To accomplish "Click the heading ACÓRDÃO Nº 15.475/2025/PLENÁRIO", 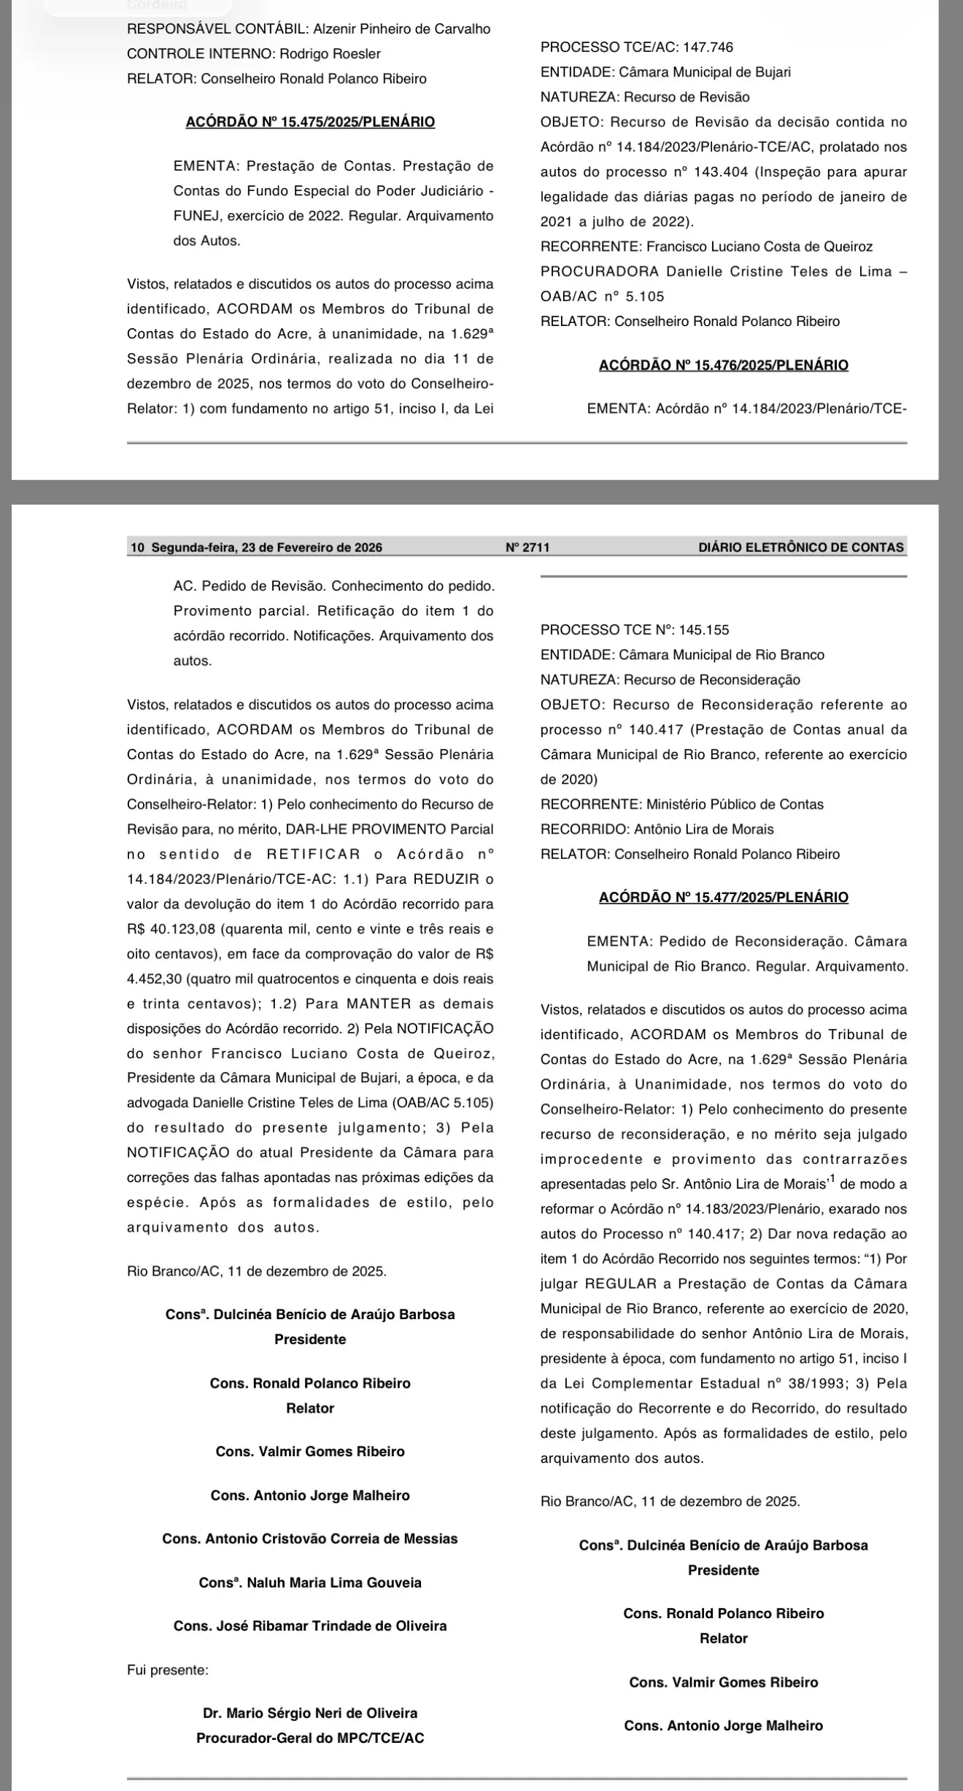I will coord(310,123).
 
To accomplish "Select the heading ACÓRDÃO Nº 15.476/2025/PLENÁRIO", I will coord(723,365).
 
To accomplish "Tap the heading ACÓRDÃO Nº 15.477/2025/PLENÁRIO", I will coord(723,898).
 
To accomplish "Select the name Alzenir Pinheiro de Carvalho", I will coord(402,29).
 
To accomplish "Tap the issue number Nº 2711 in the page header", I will coord(527,548).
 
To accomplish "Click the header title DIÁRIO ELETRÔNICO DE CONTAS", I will coord(800,548).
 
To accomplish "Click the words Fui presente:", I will coord(167,1669).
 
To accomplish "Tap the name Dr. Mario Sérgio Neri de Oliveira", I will coord(310,1713).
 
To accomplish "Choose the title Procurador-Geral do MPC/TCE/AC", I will coord(310,1738).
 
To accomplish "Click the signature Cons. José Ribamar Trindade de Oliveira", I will coord(310,1626).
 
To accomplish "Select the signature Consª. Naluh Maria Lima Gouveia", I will coord(310,1582).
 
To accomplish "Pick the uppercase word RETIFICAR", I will coord(314,854).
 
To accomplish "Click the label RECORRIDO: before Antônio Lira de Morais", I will coord(583,829).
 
